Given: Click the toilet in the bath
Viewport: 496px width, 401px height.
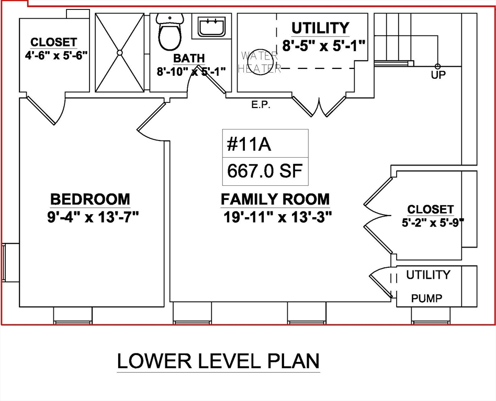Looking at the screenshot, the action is click(170, 32).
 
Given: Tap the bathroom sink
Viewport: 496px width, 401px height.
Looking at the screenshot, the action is click(212, 26).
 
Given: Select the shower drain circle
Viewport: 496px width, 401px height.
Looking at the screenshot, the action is click(120, 53).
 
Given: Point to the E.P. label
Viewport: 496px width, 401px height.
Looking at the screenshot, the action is click(261, 105).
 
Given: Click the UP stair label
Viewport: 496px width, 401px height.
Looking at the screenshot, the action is click(438, 75).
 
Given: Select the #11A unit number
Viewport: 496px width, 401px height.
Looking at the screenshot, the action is click(249, 145).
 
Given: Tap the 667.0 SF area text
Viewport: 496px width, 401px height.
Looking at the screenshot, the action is click(265, 171).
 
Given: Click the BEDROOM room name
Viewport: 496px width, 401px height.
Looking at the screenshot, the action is click(90, 199).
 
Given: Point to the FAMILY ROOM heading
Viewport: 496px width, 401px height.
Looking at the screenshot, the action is click(275, 199).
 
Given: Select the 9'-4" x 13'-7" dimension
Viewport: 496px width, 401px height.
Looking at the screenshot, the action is click(93, 217).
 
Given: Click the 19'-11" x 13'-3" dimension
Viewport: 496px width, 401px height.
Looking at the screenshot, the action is click(278, 217).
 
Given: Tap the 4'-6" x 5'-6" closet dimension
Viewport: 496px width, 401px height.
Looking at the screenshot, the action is click(56, 55).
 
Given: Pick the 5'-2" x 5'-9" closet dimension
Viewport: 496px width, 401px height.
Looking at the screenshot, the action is click(433, 222).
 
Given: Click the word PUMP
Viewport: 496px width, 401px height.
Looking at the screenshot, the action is click(427, 298).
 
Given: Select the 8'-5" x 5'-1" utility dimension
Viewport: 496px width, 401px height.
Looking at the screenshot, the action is click(324, 46).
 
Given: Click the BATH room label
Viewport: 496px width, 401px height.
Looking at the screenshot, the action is click(189, 58).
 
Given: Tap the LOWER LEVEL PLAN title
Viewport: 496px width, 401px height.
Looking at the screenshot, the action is click(218, 361).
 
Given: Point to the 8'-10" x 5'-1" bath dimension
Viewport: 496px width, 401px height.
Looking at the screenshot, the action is click(191, 72).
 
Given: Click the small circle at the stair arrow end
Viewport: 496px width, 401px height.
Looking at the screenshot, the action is click(437, 66).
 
